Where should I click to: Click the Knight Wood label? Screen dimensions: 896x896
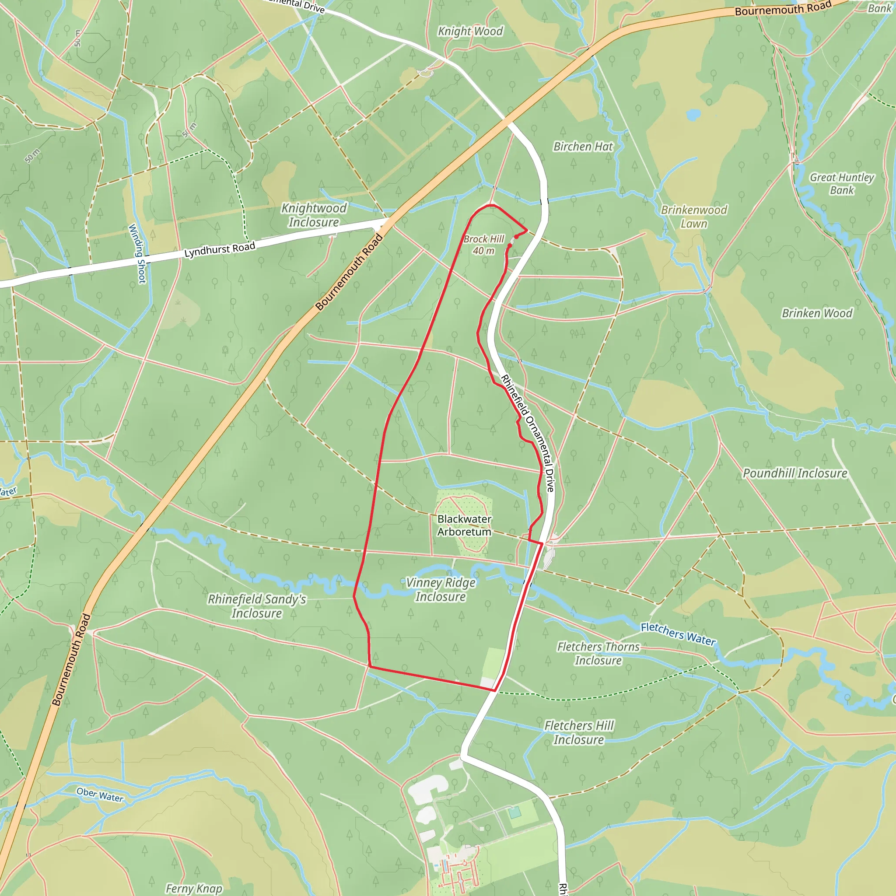[x=470, y=31]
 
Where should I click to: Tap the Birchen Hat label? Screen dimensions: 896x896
[x=583, y=147]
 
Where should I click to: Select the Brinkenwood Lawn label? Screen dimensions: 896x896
[x=694, y=217]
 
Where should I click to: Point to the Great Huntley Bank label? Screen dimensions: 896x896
[x=842, y=184]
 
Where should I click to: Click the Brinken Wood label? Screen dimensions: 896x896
[x=817, y=314]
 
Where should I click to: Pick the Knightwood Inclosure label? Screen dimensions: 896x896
[x=314, y=215]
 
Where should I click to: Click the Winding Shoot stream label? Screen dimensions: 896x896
[x=137, y=253]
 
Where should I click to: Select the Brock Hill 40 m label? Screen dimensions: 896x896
[x=484, y=245]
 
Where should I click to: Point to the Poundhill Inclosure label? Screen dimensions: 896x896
[x=795, y=473]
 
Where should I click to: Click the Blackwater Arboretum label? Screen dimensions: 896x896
[x=464, y=525]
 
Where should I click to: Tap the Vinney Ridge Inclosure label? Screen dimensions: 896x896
[x=441, y=589]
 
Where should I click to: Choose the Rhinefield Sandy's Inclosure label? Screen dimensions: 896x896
[x=257, y=606]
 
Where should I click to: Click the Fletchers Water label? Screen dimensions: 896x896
[x=678, y=633]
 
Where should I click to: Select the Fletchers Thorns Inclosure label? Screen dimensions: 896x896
[x=598, y=654]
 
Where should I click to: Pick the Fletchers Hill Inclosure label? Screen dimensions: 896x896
[x=579, y=732]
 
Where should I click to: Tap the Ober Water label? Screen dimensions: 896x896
[x=100, y=795]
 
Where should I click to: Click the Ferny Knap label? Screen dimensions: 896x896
[x=194, y=889]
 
